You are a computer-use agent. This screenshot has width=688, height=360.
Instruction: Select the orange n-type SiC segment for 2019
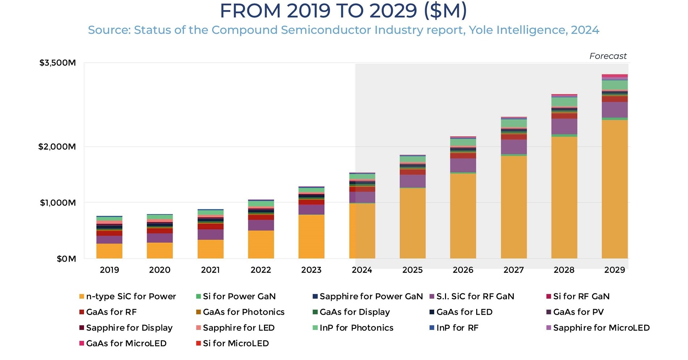(109, 251)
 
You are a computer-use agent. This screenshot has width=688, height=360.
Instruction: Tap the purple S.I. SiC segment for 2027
(513, 147)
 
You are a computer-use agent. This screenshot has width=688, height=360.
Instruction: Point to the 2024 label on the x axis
(362, 270)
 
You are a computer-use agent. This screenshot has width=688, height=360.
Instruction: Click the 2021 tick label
(210, 270)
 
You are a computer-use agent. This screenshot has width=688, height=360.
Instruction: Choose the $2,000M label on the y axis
(57, 147)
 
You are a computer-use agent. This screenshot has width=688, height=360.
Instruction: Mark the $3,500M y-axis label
(58, 63)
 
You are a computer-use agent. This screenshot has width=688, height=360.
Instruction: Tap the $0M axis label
(66, 259)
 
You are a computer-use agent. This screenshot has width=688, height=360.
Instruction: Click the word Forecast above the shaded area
(608, 56)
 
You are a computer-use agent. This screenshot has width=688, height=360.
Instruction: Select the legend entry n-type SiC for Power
(131, 297)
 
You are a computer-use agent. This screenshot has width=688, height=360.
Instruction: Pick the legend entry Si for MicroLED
(235, 343)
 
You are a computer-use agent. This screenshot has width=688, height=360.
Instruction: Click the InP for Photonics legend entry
(356, 328)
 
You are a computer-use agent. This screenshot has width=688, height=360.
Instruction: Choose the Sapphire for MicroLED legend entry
(601, 328)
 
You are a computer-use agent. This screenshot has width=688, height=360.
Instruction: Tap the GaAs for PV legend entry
(578, 312)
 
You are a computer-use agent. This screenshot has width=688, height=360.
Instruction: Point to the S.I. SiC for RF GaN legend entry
(475, 297)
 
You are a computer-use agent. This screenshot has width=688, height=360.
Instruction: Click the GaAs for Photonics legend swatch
(198, 312)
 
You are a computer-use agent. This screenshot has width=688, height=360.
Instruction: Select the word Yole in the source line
(481, 30)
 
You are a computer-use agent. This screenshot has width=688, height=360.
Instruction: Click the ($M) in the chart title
(445, 11)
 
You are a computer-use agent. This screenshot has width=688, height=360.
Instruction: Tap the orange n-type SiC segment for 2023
(311, 236)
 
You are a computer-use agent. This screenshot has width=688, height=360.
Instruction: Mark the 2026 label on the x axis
(463, 270)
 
